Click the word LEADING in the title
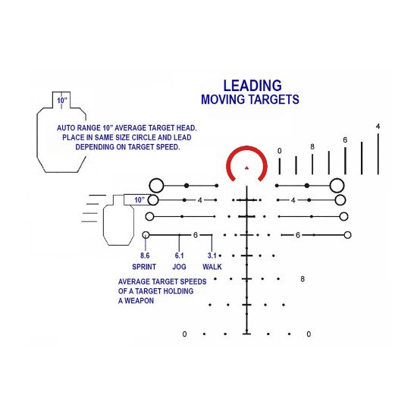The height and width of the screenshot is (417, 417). point(252,86)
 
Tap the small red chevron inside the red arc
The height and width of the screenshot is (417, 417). point(246,168)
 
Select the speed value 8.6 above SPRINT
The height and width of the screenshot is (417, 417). point(145,256)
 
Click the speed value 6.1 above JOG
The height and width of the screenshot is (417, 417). point(179,256)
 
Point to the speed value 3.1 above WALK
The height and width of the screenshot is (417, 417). point(212,256)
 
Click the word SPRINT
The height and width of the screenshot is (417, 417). point(144,267)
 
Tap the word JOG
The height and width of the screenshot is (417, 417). point(179,267)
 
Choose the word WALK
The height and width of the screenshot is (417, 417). point(212,267)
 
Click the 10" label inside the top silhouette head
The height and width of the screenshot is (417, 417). point(62,101)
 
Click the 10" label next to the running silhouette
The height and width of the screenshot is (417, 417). point(140,199)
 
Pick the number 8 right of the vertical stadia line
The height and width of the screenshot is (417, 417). point(303,279)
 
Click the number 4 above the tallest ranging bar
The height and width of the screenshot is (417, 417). point(378,127)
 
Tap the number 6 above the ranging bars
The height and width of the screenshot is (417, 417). point(345,140)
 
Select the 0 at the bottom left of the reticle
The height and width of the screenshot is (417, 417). point(184,334)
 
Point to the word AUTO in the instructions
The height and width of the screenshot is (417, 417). point(64,128)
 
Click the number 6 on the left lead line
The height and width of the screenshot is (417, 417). point(196,235)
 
